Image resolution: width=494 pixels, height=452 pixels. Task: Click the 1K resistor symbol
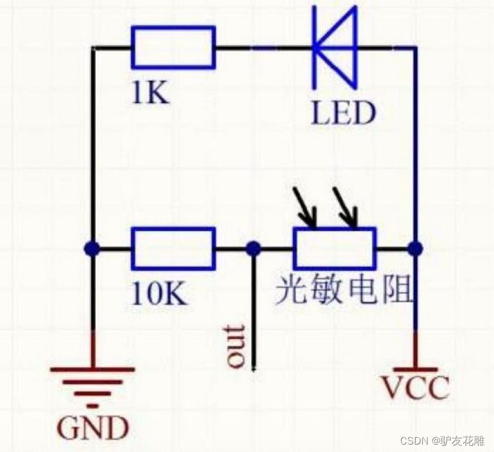click(x=173, y=47)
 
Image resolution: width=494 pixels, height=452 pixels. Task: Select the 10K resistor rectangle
click(x=173, y=248)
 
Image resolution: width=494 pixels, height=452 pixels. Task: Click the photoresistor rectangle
click(x=334, y=248)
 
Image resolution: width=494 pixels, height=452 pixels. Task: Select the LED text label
click(x=342, y=114)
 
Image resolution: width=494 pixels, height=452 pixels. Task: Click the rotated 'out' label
click(x=235, y=346)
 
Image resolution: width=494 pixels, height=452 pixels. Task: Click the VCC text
click(x=414, y=388)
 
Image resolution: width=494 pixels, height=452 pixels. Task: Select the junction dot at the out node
click(x=253, y=249)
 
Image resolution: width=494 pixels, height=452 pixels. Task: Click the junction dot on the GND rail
click(x=92, y=249)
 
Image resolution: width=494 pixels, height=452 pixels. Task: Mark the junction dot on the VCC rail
click(x=416, y=249)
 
